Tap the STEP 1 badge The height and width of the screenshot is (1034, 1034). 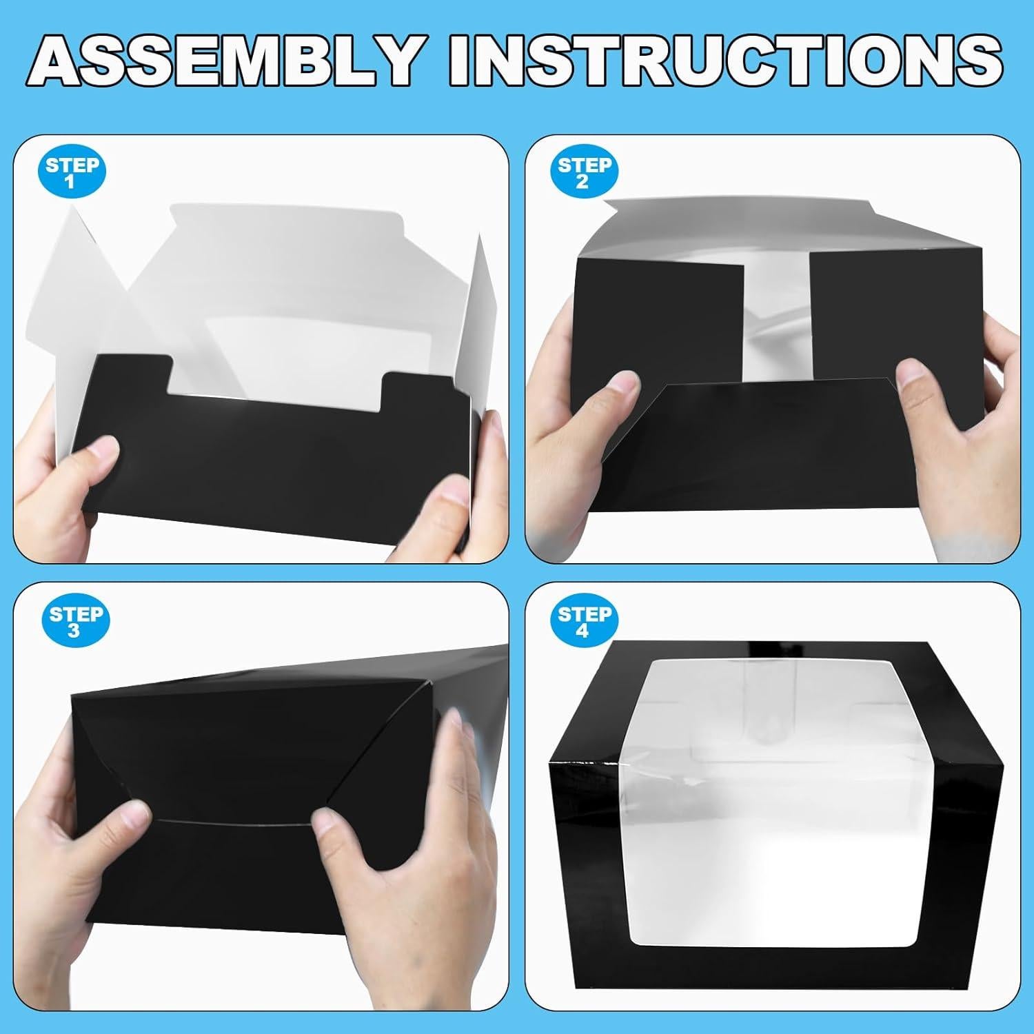72,172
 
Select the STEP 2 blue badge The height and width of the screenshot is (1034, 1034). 584,172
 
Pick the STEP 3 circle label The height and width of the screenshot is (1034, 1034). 75,621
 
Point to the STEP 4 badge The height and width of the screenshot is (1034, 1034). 584,621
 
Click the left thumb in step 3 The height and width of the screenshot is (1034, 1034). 128,820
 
